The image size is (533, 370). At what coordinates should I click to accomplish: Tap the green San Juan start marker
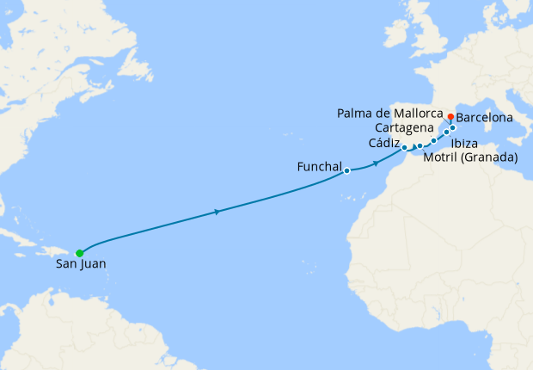pyautogui.click(x=79, y=253)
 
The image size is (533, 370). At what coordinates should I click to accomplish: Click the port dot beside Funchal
pyautogui.click(x=347, y=170)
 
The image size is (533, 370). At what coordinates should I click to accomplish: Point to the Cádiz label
pyautogui.click(x=384, y=143)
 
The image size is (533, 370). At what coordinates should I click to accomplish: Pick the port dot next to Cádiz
pyautogui.click(x=404, y=148)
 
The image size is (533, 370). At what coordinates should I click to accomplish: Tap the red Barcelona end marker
pyautogui.click(x=450, y=116)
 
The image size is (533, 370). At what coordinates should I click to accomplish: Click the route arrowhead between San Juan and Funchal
pyautogui.click(x=217, y=212)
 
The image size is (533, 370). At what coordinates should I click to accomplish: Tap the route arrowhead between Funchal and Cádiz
pyautogui.click(x=376, y=163)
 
